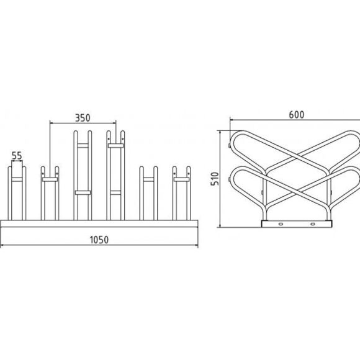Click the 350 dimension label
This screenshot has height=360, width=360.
(x=83, y=118)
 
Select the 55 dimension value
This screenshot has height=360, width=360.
(x=17, y=156)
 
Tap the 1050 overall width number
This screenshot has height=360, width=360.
(x=99, y=240)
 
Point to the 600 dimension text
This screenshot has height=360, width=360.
(x=297, y=115)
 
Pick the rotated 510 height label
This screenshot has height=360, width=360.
(x=215, y=179)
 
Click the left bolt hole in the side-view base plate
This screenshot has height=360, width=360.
(x=281, y=224)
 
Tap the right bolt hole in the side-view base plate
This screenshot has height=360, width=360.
(x=312, y=224)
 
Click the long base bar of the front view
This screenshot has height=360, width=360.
(x=99, y=223)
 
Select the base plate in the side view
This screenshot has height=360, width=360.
(x=297, y=224)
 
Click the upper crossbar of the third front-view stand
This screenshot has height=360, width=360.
(x=83, y=146)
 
